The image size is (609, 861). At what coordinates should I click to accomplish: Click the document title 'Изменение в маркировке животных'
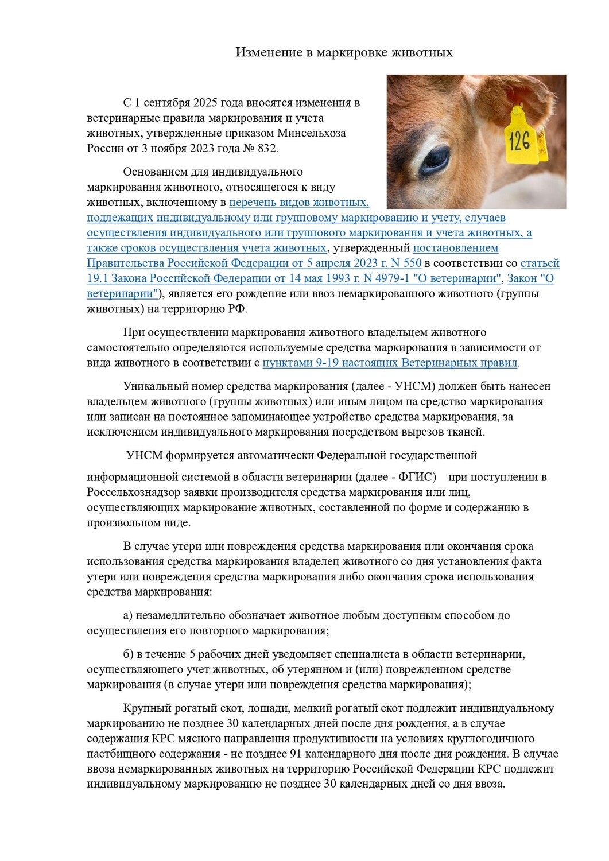tap(344, 52)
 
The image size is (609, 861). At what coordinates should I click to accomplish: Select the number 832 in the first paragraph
tap(266, 148)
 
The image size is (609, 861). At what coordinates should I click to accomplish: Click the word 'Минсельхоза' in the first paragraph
tap(312, 133)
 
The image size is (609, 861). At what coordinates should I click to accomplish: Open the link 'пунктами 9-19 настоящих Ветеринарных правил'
tap(390, 363)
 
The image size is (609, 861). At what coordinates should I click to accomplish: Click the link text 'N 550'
tap(406, 263)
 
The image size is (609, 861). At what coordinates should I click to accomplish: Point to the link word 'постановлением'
tap(455, 248)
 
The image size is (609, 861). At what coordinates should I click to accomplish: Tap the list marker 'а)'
tap(128, 615)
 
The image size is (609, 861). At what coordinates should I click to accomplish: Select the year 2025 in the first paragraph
tap(205, 103)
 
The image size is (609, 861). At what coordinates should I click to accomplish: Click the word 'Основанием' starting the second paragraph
tap(156, 172)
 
